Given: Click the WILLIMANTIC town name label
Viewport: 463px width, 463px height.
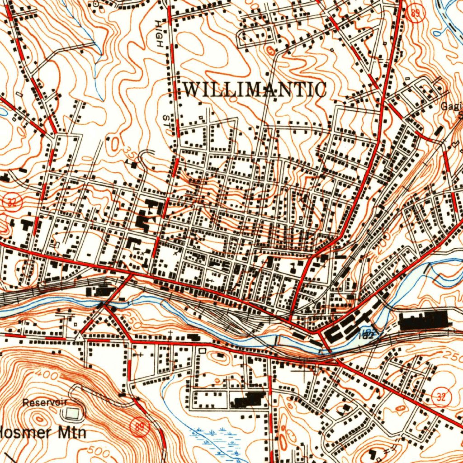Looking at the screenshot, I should [254, 90].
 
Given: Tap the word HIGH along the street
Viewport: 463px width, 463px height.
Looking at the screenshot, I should [158, 34].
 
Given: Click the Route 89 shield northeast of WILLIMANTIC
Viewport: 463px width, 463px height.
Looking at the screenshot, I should [415, 13].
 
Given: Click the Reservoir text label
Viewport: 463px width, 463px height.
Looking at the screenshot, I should [45, 402].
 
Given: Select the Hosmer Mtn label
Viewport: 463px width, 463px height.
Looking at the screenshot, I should [43, 432].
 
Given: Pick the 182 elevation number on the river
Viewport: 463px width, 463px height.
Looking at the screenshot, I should [367, 335].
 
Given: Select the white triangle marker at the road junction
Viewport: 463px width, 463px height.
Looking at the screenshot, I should [79, 337].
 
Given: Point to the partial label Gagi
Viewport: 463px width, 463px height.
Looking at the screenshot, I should [452, 106].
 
